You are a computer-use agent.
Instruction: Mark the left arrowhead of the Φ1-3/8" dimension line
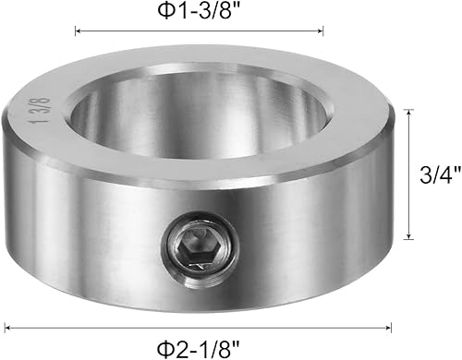tap(77, 30)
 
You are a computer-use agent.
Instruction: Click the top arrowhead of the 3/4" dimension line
tap(409, 112)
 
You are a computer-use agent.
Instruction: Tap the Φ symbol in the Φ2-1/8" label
tap(164, 346)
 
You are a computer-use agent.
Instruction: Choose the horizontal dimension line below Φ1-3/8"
tap(199, 30)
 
